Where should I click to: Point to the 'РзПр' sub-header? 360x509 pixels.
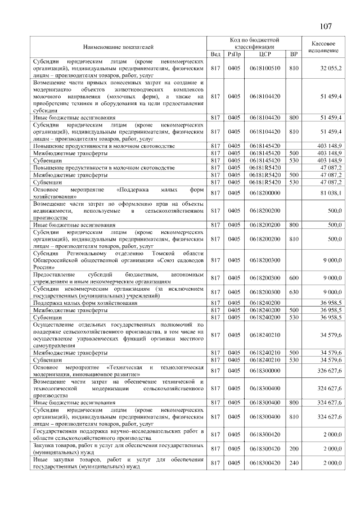click(233, 54)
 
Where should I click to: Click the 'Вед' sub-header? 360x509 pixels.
click(215, 54)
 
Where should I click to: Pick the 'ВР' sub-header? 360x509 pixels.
click(293, 54)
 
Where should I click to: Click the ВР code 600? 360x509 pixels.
click(293, 278)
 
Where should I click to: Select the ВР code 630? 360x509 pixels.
click(293, 292)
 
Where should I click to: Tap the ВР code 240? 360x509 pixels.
click(293, 463)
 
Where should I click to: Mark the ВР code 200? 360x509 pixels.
click(293, 449)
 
